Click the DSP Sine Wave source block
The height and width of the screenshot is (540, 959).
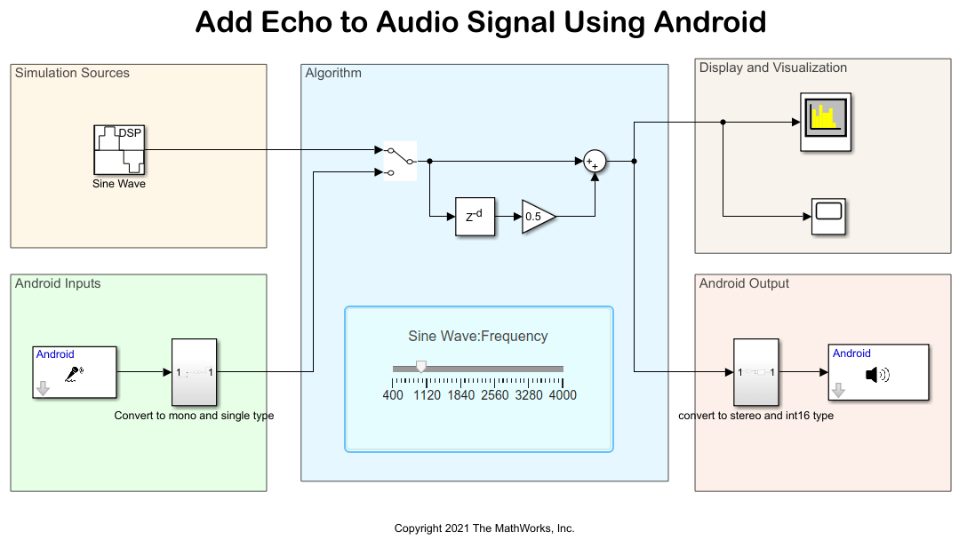coord(119,150)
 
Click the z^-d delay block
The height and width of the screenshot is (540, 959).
coord(475,216)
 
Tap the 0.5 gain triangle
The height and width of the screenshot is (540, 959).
coord(537,216)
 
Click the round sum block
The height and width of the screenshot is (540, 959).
coord(595,161)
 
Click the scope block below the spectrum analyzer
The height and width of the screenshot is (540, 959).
coord(828,216)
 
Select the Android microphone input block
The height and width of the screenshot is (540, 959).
coord(75,372)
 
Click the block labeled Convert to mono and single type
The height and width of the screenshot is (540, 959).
coord(194,372)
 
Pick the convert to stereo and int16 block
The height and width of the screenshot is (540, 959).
coord(755,372)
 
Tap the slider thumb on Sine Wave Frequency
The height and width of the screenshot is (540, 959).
coord(421,367)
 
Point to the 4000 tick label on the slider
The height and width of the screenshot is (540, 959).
coord(563,395)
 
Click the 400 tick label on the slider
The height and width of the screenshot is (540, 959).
coord(393,395)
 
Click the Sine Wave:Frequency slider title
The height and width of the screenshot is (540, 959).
coord(478,336)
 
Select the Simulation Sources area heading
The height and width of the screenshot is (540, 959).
coord(72,73)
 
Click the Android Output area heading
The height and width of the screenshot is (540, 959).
coord(744,283)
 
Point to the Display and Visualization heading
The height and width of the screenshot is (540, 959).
coord(772,67)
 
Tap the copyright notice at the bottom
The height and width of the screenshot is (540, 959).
coord(484,528)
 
